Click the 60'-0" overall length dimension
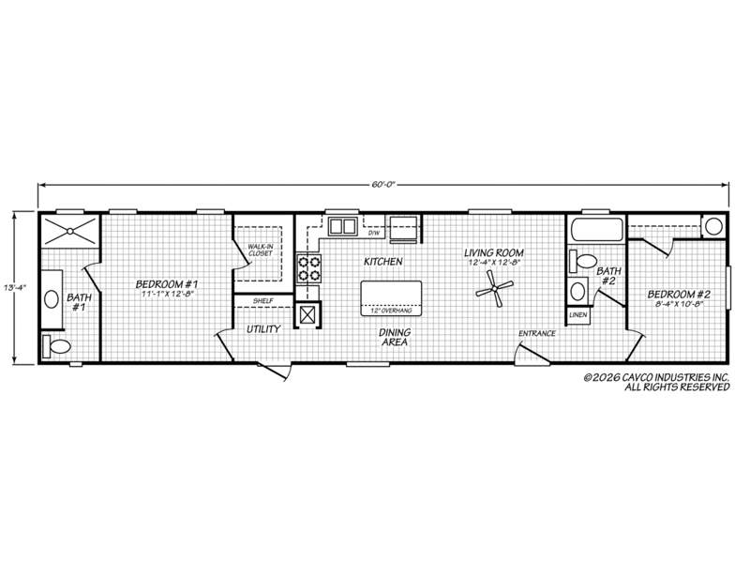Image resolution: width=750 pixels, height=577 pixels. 383,185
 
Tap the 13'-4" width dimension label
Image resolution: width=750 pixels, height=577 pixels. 15,288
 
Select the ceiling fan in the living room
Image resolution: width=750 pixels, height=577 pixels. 495,288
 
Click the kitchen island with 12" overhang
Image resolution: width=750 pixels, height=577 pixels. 391,298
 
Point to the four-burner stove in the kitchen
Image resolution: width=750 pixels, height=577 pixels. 309,268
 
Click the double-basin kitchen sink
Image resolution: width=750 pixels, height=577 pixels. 342,225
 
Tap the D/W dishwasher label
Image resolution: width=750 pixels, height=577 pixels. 373,234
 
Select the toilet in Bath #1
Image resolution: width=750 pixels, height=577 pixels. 56,345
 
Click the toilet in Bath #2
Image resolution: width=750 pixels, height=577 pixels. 582,261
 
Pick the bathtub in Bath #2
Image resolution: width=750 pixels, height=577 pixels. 596,229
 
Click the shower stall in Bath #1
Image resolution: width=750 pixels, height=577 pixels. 69,232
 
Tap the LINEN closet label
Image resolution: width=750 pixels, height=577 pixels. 578,314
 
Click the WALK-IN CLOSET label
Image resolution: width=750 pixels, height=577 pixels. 261,250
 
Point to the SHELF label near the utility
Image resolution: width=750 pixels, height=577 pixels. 263,301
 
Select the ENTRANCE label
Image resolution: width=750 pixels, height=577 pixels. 537,333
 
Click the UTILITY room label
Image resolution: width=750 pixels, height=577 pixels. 263,329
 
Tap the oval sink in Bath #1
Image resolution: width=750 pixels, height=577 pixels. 52,299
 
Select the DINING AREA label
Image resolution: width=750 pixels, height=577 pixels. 395,337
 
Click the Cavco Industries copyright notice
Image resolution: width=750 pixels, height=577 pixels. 656,382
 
